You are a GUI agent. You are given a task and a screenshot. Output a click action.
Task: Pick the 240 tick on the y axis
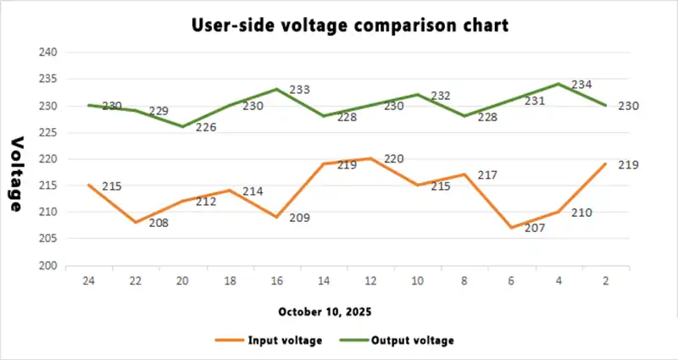48,53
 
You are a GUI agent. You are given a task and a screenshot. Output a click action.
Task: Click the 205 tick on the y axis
48,239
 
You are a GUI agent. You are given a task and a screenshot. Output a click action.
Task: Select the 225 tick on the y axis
48,132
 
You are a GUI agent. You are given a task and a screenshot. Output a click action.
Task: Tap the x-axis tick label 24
88,280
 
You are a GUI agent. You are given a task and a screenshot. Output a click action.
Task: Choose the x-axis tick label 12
370,280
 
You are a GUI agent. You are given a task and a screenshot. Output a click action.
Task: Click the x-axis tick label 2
605,280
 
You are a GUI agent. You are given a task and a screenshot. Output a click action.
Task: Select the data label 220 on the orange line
394,159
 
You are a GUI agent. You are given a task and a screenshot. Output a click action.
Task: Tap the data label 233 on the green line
300,90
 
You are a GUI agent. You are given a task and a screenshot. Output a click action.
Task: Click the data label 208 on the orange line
159,223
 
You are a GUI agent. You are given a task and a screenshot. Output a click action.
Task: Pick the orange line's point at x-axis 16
276,217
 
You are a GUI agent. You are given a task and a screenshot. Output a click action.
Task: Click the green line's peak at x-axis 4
559,84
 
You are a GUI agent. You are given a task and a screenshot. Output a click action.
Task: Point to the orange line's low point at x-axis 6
512,228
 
